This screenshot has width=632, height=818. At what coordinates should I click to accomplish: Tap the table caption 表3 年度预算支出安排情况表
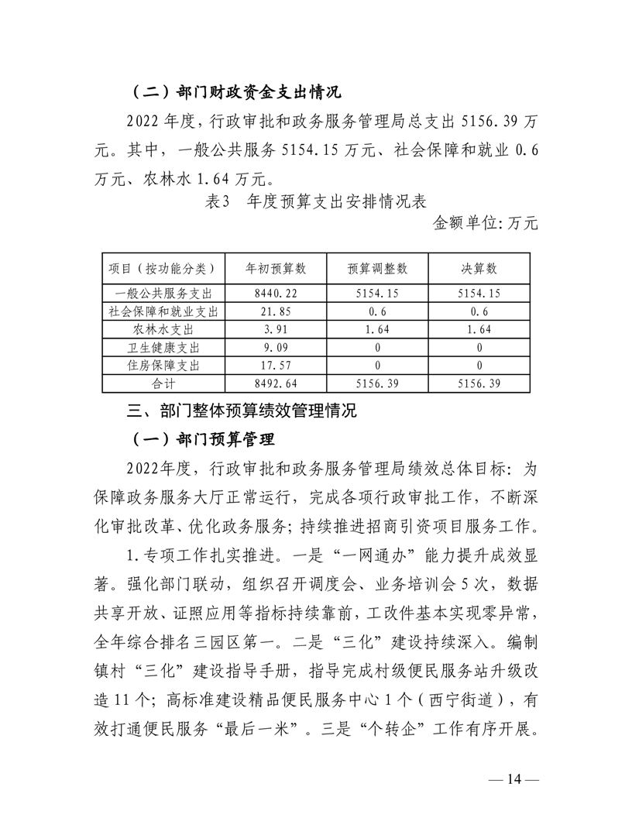[x=315, y=203]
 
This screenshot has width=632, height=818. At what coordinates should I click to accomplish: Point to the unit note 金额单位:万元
[x=485, y=224]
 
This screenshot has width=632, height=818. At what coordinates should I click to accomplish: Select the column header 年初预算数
[x=276, y=269]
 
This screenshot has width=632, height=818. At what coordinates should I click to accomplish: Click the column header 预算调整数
[x=378, y=269]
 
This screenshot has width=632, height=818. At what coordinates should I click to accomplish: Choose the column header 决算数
[x=480, y=269]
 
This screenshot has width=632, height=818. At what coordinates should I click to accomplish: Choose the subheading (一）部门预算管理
[x=204, y=440]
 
